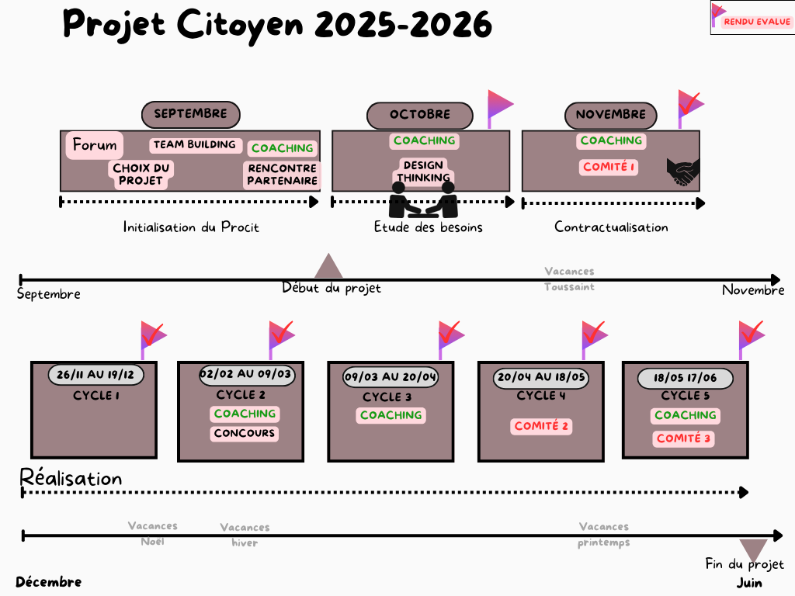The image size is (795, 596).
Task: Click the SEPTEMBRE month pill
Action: click(190, 114)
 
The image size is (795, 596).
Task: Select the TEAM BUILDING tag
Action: click(194, 145)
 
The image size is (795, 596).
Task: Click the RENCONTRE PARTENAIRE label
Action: click(283, 175)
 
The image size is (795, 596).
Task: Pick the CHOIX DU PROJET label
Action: click(141, 175)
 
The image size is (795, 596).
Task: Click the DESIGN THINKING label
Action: click(423, 172)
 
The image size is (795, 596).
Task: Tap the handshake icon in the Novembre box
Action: click(683, 172)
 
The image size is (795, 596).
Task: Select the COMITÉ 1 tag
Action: click(609, 167)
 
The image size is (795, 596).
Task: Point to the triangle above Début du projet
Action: click(328, 266)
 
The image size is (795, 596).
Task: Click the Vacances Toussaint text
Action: click(569, 279)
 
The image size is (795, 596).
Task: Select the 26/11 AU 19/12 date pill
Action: click(95, 375)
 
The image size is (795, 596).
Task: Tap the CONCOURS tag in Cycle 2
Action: click(245, 433)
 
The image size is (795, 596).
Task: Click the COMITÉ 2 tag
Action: click(542, 426)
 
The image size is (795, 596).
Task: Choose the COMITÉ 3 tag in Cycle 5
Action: click(684, 438)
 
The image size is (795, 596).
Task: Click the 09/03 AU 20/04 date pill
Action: click(391, 377)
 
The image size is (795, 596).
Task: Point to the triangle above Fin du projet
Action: click(753, 549)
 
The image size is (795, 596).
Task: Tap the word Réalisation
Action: click(71, 478)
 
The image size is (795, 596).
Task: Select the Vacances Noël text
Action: click(153, 533)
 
